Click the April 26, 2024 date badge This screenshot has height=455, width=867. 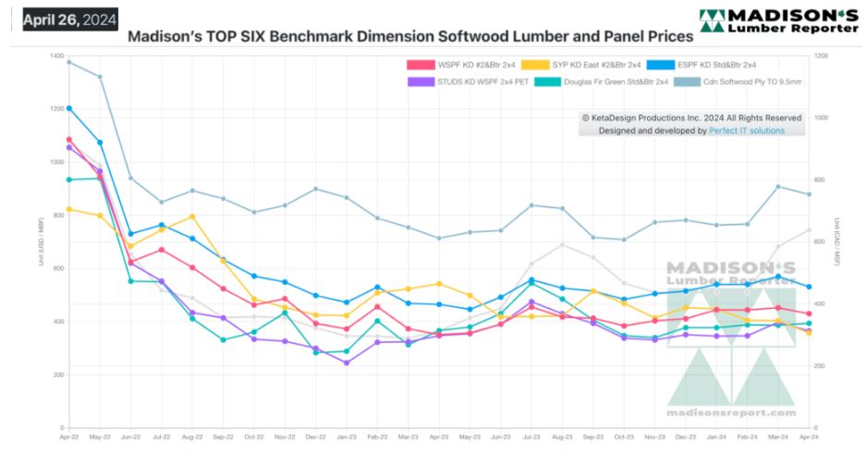(65, 18)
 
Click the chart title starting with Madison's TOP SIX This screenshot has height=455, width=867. (409, 38)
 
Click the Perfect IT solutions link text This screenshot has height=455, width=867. (746, 130)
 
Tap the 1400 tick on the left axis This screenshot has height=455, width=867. (54, 57)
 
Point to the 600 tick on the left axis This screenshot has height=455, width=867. (55, 269)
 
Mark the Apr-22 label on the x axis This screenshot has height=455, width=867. (68, 436)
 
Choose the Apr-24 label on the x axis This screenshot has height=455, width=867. (808, 436)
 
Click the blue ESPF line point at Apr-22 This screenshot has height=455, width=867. (69, 108)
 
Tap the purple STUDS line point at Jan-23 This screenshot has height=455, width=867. (346, 363)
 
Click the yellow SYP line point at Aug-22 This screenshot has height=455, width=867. (192, 216)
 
